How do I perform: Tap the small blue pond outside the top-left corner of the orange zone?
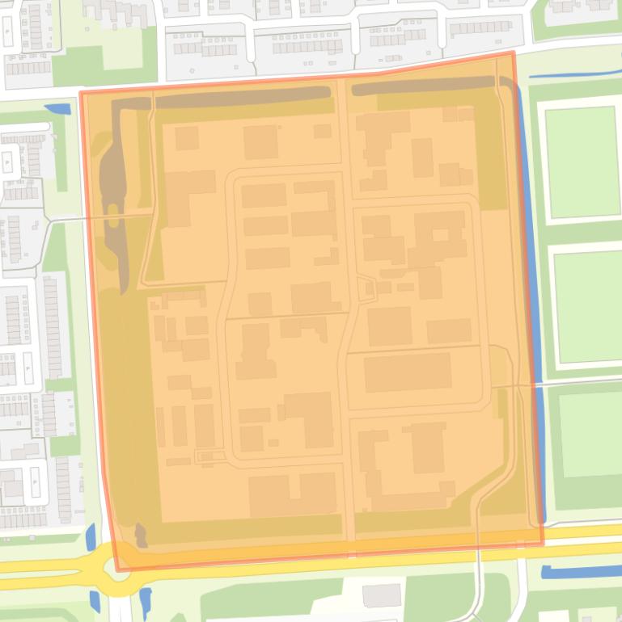[x=57, y=108]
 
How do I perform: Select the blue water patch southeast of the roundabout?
[x=146, y=599]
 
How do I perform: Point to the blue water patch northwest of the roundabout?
[x=91, y=537]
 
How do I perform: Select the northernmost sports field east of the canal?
[x=582, y=162]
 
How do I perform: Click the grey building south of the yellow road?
[x=381, y=596]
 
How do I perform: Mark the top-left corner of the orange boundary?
[x=81, y=92]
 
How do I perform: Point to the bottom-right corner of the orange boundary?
[x=543, y=544]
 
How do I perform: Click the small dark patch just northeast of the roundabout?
[x=142, y=534]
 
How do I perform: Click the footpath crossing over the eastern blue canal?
[x=536, y=385]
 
